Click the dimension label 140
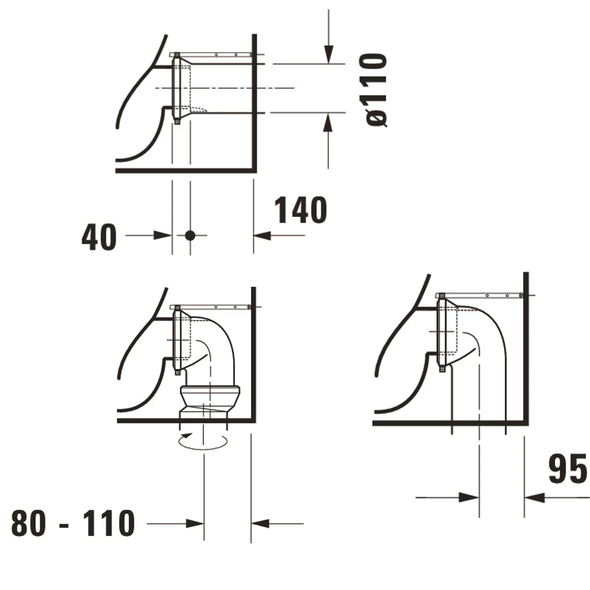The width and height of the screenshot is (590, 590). pyautogui.click(x=301, y=210)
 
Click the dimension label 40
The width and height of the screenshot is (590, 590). pyautogui.click(x=99, y=237)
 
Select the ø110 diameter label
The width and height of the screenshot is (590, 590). pyautogui.click(x=376, y=90)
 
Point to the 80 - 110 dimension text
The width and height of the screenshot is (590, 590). pyautogui.click(x=73, y=523)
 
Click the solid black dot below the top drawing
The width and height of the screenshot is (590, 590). pyautogui.click(x=190, y=236)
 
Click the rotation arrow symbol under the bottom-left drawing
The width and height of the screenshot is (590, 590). pyautogui.click(x=203, y=442)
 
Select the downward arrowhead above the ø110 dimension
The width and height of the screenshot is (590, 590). pyautogui.click(x=328, y=54)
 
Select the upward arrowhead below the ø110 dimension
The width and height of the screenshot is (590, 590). pyautogui.click(x=328, y=122)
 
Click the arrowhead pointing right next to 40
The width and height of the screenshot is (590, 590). pyautogui.click(x=162, y=236)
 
